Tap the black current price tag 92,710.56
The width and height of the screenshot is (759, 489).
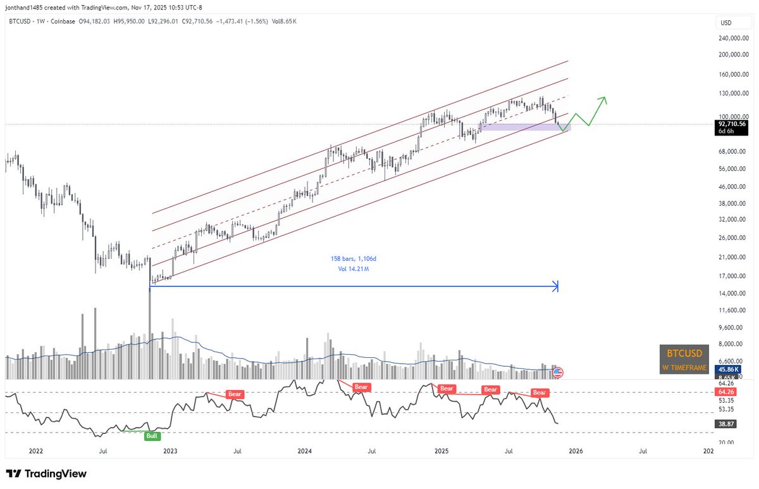click(731, 124)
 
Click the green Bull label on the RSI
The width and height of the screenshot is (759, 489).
click(152, 436)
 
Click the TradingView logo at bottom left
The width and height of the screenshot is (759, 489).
click(46, 474)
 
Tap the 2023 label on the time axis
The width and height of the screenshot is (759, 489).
click(170, 452)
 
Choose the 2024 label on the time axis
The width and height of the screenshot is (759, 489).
click(305, 452)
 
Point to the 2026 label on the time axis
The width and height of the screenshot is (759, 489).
click(575, 452)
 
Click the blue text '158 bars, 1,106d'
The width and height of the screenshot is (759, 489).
click(357, 259)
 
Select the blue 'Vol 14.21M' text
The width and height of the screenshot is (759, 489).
click(357, 269)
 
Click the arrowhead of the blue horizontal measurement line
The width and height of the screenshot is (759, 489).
click(556, 286)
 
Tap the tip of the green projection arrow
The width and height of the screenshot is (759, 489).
click(605, 98)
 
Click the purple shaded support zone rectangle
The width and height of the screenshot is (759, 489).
click(525, 127)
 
